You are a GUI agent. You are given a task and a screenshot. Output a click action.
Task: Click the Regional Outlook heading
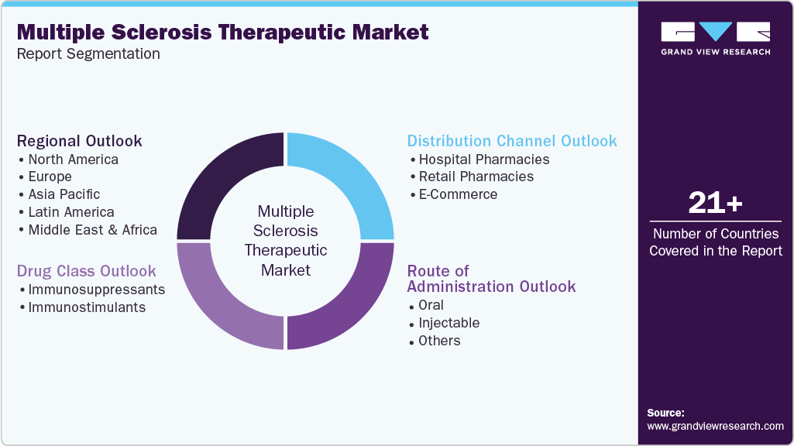pyautogui.click(x=80, y=141)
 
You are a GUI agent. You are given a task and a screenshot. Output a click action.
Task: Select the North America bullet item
pyautogui.click(x=73, y=160)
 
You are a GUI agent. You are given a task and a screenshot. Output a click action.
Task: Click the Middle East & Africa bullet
pyautogui.click(x=92, y=230)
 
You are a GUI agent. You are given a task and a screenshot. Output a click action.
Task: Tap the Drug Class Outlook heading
pyautogui.click(x=87, y=271)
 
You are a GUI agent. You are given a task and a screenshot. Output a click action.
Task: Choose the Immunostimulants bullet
pyautogui.click(x=87, y=307)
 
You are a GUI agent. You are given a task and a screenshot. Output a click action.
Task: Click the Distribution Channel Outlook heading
pyautogui.click(x=512, y=141)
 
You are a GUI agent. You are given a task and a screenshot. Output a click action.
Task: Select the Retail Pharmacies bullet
pyautogui.click(x=476, y=177)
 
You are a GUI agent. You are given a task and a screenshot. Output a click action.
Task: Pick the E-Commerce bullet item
pyautogui.click(x=458, y=194)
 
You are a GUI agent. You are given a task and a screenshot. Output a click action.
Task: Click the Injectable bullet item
pyautogui.click(x=449, y=323)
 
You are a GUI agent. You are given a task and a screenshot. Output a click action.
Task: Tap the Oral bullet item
pyautogui.click(x=431, y=305)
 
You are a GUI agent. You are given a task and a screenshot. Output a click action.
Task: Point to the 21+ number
pyautogui.click(x=715, y=204)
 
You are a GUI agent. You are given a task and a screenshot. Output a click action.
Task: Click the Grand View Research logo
pyautogui.click(x=715, y=38)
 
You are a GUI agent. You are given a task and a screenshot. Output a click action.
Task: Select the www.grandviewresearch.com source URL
pyautogui.click(x=715, y=426)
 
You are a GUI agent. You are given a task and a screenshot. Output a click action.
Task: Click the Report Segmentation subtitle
pyautogui.click(x=88, y=54)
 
